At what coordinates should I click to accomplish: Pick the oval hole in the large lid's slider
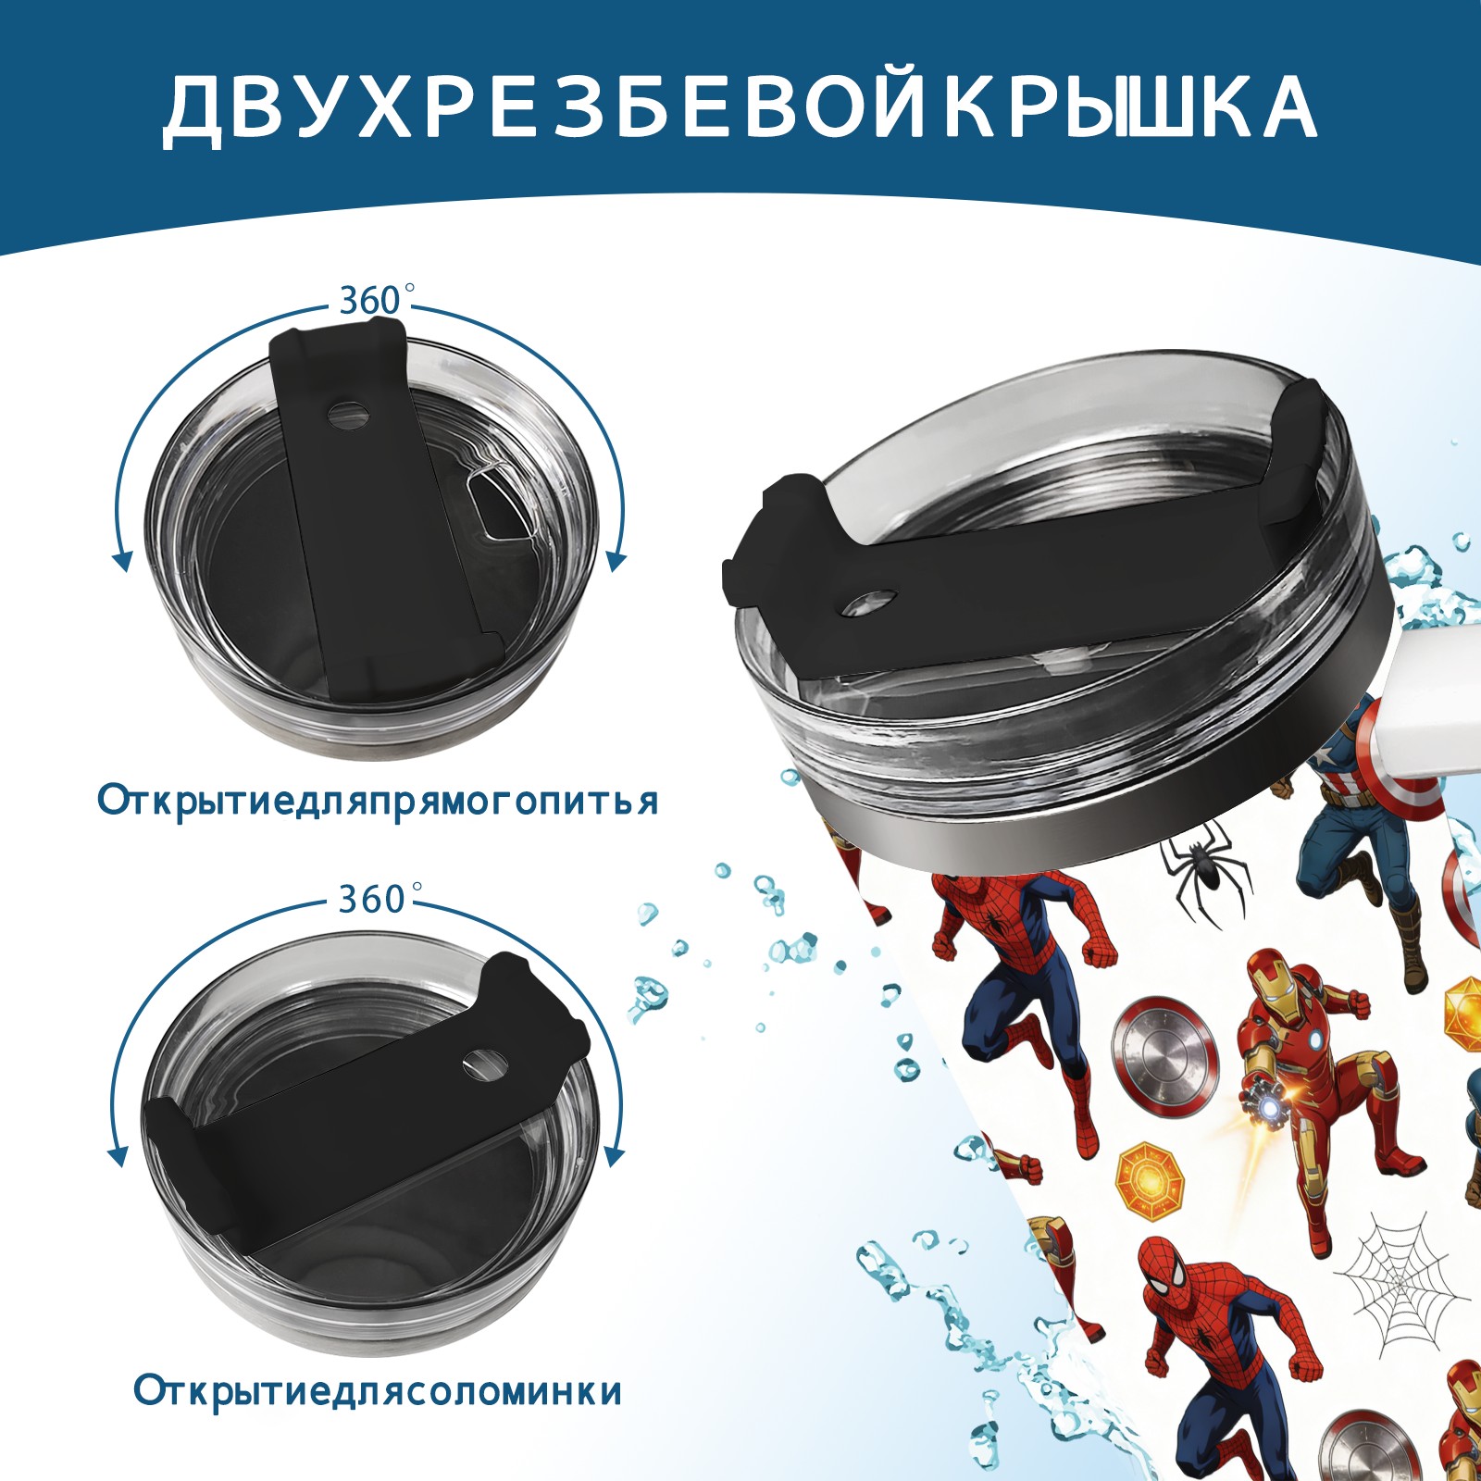tap(871, 602)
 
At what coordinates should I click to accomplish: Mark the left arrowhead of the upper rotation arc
tap(120, 559)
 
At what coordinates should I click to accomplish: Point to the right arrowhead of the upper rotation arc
tap(616, 559)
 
